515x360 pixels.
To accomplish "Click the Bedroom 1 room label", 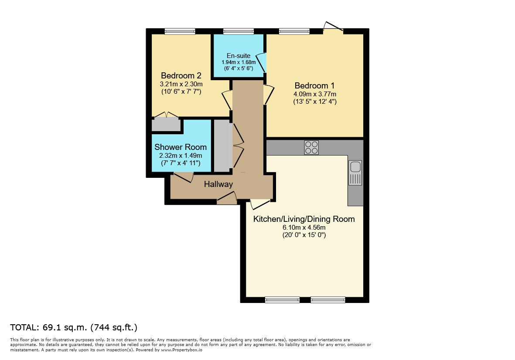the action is [x=314, y=86].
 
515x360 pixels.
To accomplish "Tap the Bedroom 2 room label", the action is [x=181, y=76].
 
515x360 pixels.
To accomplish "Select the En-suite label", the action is [x=239, y=56].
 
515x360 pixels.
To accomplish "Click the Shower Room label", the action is [x=181, y=147].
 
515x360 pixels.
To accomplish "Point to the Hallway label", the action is [x=218, y=184].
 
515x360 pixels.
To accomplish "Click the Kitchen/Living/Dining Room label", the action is [x=304, y=219].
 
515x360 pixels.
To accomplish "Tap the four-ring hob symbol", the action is [x=311, y=147].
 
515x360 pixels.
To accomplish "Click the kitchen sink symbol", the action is [x=355, y=173].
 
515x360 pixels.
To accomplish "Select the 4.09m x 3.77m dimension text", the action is [x=315, y=94].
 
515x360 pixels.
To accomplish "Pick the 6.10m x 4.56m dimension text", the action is [x=304, y=228].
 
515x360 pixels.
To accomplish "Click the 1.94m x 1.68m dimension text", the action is [x=239, y=62].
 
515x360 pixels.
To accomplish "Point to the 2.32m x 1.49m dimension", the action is [x=181, y=156].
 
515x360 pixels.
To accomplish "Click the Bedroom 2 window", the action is [x=180, y=31].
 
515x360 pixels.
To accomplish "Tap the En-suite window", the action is [x=239, y=31].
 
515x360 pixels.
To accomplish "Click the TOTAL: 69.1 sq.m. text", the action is [x=48, y=327].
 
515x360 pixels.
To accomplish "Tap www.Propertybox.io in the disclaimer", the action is [x=182, y=350].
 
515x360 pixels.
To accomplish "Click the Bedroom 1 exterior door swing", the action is [x=333, y=27].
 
